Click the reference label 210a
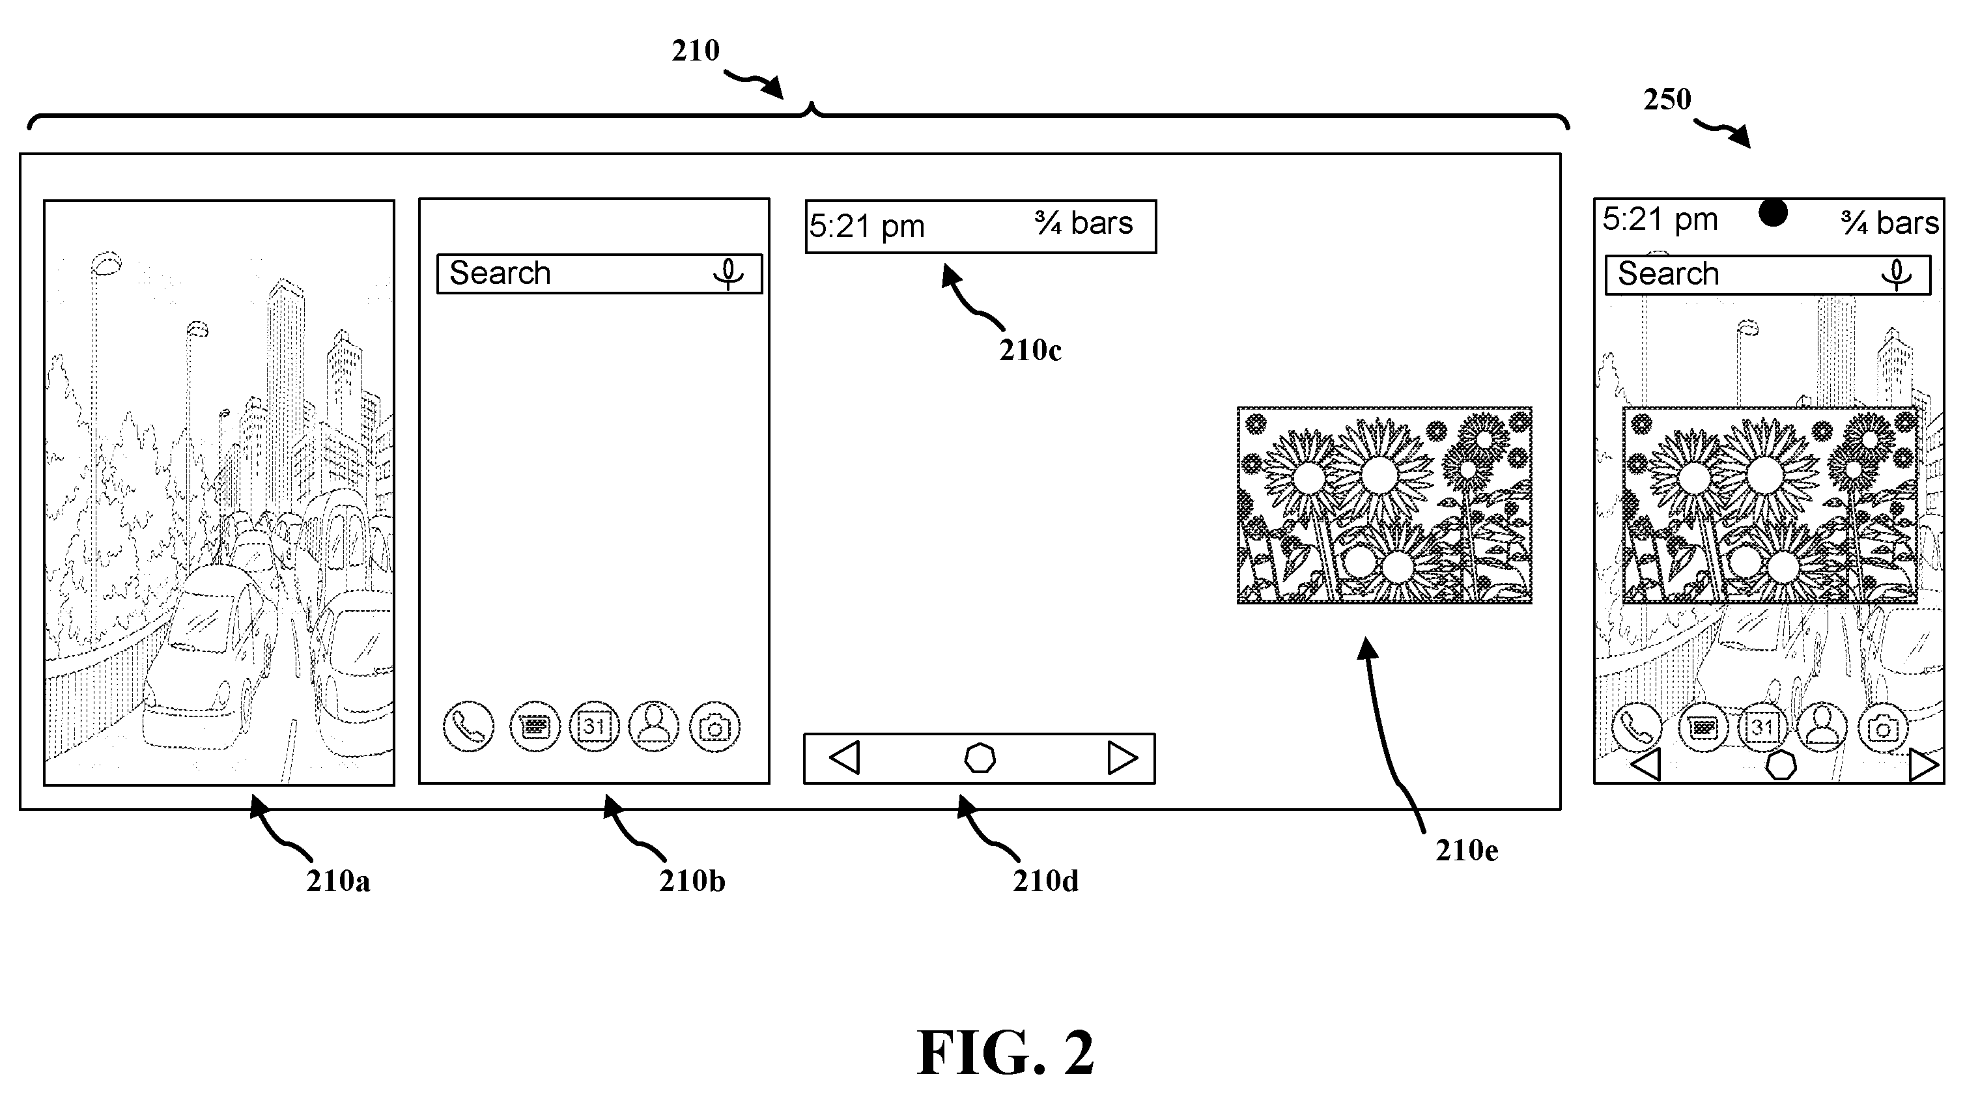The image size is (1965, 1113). click(338, 881)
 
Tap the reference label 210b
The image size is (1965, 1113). click(692, 881)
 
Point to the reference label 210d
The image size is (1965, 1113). click(1045, 881)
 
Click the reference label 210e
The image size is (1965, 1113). click(1467, 850)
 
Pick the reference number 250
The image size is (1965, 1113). click(1668, 100)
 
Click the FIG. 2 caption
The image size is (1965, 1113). click(1005, 1052)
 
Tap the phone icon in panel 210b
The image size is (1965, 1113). click(468, 726)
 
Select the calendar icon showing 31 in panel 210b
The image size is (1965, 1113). click(594, 726)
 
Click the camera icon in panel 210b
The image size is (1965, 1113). click(714, 726)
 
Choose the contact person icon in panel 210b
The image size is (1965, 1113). click(653, 726)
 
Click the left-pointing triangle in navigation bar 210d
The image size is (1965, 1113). click(845, 757)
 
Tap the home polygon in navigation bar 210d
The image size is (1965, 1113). click(980, 758)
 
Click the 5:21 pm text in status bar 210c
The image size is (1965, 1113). click(867, 226)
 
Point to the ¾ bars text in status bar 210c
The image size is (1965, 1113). click(1084, 223)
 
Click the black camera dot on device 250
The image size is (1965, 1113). click(1773, 212)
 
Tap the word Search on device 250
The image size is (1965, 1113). click(1669, 274)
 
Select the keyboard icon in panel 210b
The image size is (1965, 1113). click(534, 726)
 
